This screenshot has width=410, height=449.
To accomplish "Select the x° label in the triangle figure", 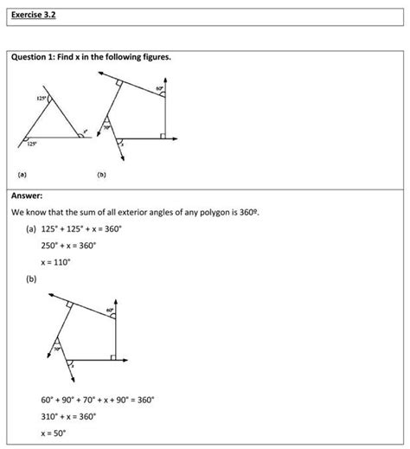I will coord(85,132).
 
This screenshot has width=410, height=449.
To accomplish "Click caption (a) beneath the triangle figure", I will coord(21,173).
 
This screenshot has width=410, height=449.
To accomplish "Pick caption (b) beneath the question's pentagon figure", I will coord(101,173).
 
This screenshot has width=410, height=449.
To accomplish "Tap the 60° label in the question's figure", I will coord(159,89).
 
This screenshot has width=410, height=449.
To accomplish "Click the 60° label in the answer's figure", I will coord(110,310).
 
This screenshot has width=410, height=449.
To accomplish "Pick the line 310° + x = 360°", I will coord(67,416).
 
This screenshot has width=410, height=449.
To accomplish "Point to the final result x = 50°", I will coord(55,433).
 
